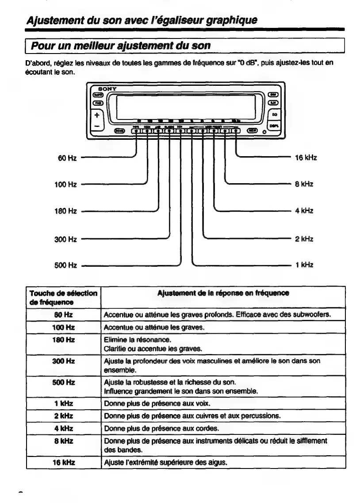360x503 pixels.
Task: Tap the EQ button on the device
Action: point(274,114)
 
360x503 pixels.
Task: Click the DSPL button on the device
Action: point(274,125)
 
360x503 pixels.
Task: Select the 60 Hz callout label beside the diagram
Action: point(70,157)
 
